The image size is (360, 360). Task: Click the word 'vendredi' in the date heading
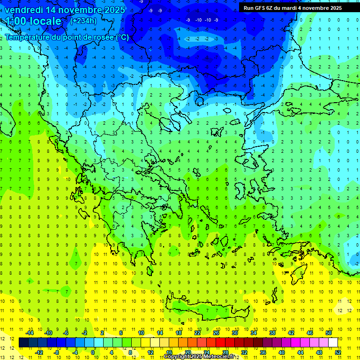pos(24,10)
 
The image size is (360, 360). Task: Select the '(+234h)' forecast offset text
pos(83,21)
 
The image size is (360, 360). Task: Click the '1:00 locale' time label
pos(34,21)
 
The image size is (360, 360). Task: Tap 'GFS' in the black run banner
pos(260,8)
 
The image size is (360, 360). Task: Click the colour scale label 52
pos(337,352)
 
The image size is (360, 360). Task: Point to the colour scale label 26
pos(216,333)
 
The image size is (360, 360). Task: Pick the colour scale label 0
pos(93,352)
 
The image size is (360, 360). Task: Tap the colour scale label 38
pos(272,333)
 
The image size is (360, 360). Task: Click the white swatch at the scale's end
pos(333,343)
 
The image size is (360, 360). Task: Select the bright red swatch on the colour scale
pos(220,343)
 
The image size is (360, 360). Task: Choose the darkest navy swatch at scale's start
pos(23,343)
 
